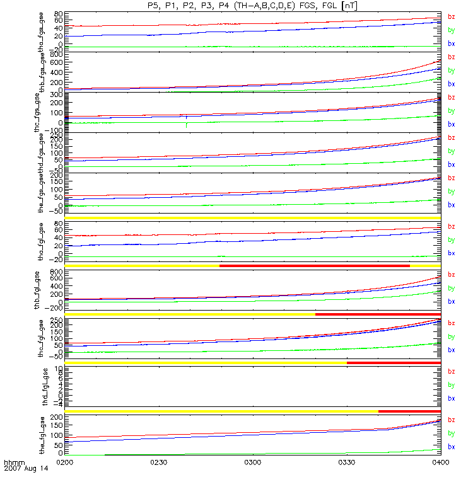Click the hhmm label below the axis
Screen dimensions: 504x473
[x=14, y=462]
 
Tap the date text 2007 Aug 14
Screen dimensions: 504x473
[x=25, y=469]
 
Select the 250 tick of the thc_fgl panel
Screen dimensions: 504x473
[x=55, y=321]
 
